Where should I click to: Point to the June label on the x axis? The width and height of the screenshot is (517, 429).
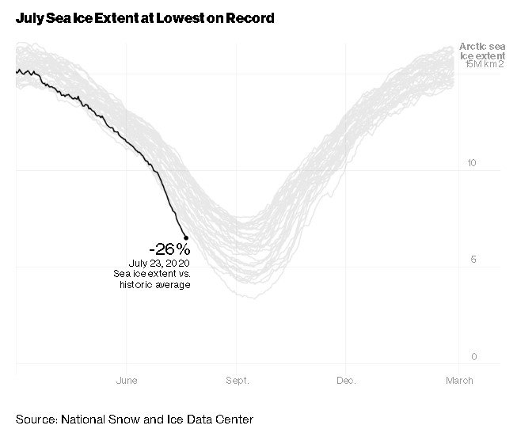coord(127,381)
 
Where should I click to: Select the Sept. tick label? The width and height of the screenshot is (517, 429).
coord(237,381)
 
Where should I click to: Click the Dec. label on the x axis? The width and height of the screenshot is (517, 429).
coord(346,381)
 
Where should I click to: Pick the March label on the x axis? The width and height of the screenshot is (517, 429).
coord(459,381)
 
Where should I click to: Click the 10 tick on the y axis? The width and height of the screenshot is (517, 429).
coord(473,163)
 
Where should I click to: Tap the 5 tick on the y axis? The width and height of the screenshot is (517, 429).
coord(474,260)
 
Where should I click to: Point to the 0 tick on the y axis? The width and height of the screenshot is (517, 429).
coord(474,357)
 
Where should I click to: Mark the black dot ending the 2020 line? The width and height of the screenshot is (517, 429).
coord(186,237)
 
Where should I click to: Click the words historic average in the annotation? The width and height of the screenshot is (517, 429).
coord(155,284)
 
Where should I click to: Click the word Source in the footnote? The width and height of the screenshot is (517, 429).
coord(35,419)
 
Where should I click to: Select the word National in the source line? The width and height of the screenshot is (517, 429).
coord(83,419)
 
